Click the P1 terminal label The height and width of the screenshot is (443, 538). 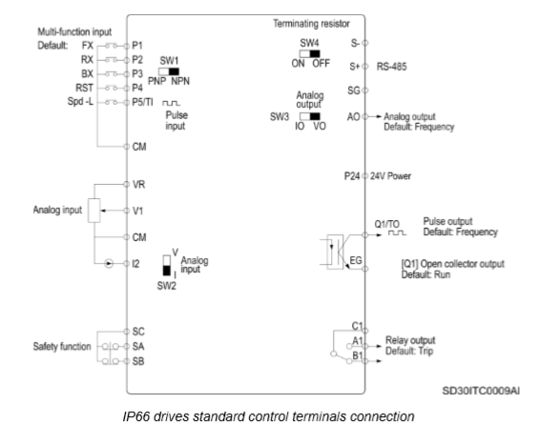click(137, 45)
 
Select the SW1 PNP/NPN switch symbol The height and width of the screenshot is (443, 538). click(169, 71)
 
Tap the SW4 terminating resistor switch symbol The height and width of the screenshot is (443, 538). click(309, 53)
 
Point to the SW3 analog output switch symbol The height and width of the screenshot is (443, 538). click(310, 116)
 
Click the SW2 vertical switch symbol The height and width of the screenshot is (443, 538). click(167, 265)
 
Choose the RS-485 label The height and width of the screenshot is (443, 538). click(391, 67)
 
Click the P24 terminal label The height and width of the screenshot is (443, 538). click(352, 176)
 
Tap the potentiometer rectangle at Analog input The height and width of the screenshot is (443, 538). click(94, 211)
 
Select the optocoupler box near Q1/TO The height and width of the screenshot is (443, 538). click(335, 252)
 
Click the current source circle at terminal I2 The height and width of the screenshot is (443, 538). click(109, 264)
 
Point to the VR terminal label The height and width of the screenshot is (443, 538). click(139, 185)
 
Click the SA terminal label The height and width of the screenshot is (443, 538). click(138, 347)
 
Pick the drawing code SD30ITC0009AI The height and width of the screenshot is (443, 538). click(481, 391)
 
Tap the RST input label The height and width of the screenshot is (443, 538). click(84, 88)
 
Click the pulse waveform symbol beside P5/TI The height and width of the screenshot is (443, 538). click(171, 103)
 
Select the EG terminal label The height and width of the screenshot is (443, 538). click(356, 260)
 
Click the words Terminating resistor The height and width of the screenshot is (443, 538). click(311, 24)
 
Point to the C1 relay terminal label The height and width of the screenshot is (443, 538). click(357, 326)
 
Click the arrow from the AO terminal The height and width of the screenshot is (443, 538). click(375, 116)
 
